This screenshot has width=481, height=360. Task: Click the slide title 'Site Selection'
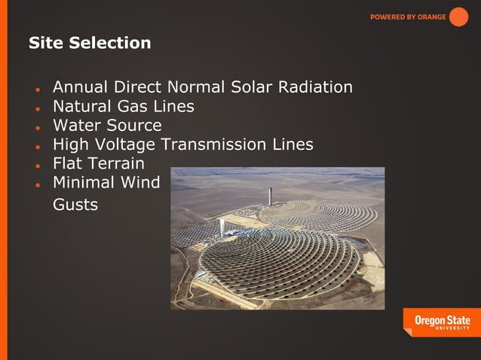[x=90, y=43]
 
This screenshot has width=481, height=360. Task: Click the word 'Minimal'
[x=85, y=182]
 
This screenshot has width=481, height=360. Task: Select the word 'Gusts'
[x=75, y=204]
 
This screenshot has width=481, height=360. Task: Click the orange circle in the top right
[x=458, y=17]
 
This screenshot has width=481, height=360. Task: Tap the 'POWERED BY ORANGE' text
[x=407, y=17]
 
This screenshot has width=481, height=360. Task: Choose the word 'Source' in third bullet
[x=139, y=125]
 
